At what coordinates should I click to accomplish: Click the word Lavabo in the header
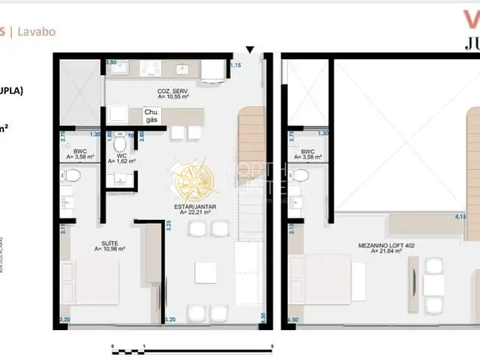click(37, 31)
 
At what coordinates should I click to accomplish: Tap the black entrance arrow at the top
click(250, 50)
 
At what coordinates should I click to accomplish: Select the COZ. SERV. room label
click(172, 94)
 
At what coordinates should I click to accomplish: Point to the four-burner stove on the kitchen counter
click(148, 70)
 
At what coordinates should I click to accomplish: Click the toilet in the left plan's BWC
click(73, 175)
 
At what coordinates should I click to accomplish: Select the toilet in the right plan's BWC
click(301, 175)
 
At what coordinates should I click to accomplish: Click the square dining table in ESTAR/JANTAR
click(205, 271)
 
